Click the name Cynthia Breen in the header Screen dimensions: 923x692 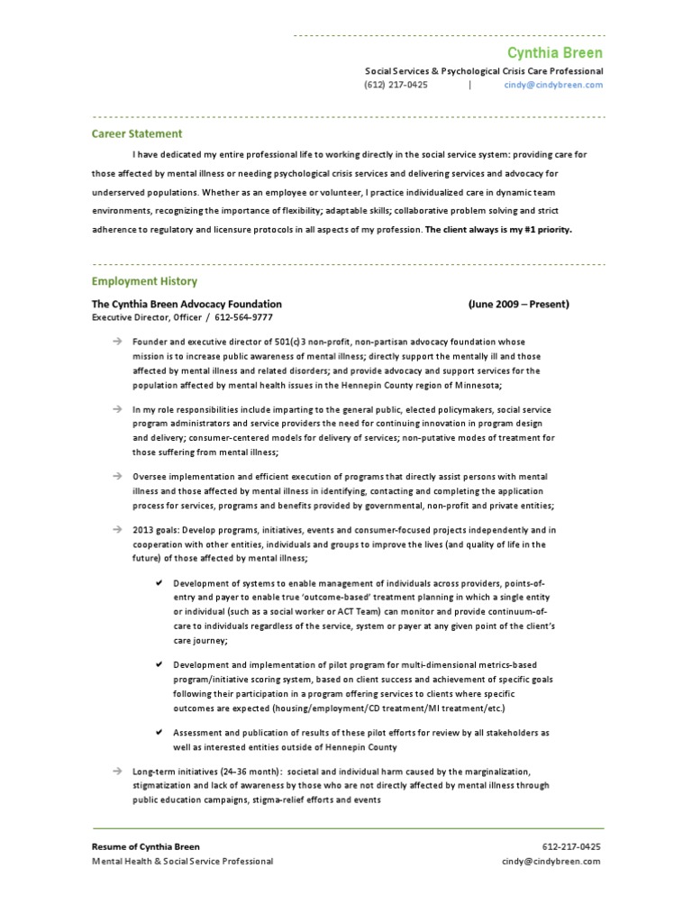point(555,53)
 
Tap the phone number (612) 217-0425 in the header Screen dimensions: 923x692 point(396,85)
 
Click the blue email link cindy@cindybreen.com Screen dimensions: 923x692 point(553,85)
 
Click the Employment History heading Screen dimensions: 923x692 point(144,281)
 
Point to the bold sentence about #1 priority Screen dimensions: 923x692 point(498,229)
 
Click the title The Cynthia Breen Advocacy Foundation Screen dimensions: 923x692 point(187,304)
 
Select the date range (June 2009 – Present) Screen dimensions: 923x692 point(518,304)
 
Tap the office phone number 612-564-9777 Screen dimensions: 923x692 point(242,317)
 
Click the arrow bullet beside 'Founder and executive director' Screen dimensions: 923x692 point(117,343)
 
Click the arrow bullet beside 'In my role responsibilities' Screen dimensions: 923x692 point(117,409)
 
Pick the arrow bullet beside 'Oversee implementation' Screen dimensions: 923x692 point(117,476)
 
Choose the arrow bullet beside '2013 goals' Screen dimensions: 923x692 point(117,529)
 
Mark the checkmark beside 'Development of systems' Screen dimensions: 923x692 point(158,583)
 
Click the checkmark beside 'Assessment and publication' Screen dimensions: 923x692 point(158,733)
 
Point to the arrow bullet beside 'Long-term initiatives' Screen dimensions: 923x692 point(117,772)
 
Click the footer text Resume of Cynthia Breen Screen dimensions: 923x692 point(146,846)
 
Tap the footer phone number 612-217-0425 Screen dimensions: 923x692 point(571,846)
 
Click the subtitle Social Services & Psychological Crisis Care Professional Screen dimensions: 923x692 point(483,70)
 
